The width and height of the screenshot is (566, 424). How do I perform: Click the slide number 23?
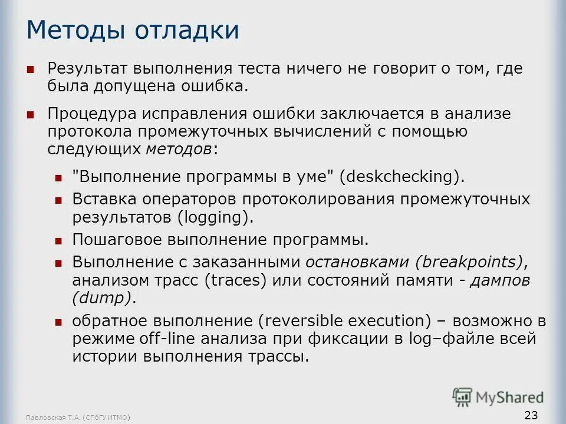pyautogui.click(x=531, y=415)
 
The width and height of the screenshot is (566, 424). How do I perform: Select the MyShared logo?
pyautogui.click(x=499, y=397)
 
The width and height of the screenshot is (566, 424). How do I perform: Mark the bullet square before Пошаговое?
pyautogui.click(x=58, y=241)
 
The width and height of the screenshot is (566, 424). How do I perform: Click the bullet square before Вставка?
pyautogui.click(x=58, y=200)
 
